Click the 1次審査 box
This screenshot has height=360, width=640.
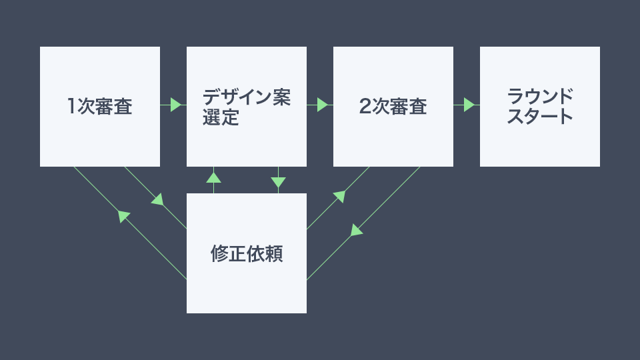100,107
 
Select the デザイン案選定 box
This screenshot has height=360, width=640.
247,107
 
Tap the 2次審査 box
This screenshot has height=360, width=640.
393,107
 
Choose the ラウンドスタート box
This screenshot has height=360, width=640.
539,107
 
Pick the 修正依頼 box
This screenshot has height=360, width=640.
247,253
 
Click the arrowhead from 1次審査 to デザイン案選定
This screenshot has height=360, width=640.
176,105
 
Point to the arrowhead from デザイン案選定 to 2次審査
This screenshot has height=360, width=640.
323,105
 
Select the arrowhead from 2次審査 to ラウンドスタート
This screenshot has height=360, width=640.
469,105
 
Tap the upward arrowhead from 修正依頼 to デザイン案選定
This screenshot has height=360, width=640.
213,177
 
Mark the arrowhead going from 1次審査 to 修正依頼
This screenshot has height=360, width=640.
158,199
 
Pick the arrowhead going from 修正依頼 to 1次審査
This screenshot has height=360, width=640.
123,216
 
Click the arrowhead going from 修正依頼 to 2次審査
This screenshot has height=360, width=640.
339,196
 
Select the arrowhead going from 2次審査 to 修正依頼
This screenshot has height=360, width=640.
356,230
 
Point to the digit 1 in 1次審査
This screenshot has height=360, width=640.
71,106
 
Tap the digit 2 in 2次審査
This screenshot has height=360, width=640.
365,106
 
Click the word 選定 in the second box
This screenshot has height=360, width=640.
221,117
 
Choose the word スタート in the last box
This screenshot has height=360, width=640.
539,116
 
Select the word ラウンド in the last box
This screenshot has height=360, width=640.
539,96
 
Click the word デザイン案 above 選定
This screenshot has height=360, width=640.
247,97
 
